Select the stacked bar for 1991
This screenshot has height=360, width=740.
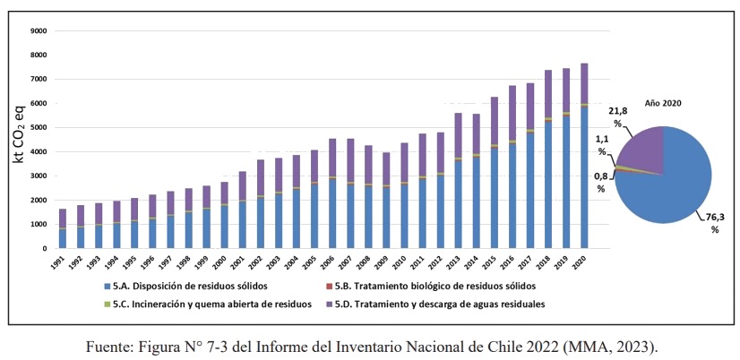[x=62, y=228]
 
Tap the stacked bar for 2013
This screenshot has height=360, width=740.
[x=458, y=180]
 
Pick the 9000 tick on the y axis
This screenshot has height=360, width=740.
[x=37, y=31]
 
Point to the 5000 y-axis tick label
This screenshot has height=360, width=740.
[x=37, y=127]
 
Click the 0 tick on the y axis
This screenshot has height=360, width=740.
[x=45, y=248]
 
